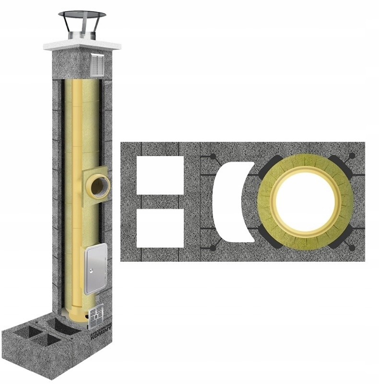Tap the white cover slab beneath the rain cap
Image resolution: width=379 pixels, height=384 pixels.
pyautogui.click(x=82, y=46)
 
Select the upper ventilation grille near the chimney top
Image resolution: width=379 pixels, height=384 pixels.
pyautogui.click(x=97, y=65)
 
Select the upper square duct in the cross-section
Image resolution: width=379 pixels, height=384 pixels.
pyautogui.click(x=159, y=175)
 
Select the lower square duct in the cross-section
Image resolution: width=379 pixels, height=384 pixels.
pyautogui.click(x=159, y=228)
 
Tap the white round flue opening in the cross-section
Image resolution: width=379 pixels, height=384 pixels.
pyautogui.click(x=305, y=201)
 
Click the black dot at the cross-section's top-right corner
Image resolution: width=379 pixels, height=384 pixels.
pyautogui.click(x=353, y=156)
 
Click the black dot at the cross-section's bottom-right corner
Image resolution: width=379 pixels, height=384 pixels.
pyautogui.click(x=353, y=248)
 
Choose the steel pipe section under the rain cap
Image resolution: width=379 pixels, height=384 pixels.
pyautogui.click(x=82, y=34)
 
